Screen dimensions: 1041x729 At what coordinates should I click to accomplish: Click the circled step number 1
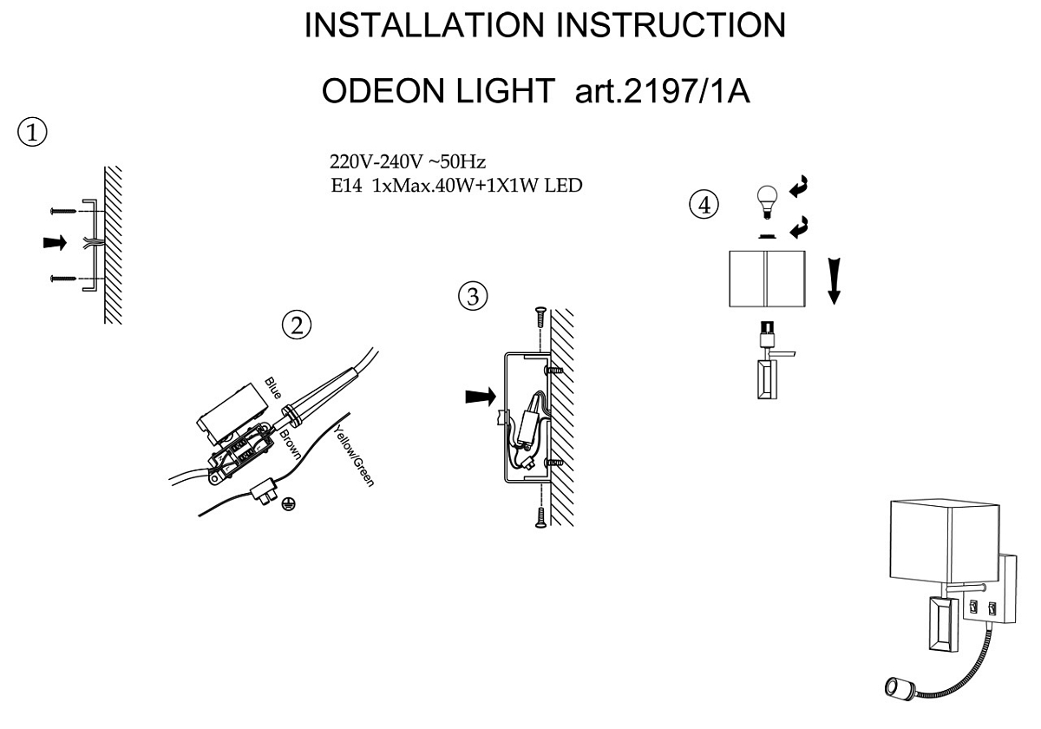coord(32,133)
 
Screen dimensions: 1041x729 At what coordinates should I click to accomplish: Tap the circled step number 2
coord(297,325)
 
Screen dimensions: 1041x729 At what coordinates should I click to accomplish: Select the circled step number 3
coord(473,296)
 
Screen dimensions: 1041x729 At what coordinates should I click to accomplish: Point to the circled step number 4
coord(704,205)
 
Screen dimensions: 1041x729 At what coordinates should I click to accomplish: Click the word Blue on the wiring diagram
coord(273,388)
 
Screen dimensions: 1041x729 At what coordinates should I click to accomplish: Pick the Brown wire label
coord(290,445)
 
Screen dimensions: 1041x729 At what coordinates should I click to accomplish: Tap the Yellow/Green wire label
coord(354,456)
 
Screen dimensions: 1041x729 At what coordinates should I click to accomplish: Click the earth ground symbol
coord(288,504)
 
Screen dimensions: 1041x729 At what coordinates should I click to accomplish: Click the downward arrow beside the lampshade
coord(835,281)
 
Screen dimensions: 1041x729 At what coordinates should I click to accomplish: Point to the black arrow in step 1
coord(55,243)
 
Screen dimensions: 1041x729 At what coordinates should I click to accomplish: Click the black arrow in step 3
coord(481,397)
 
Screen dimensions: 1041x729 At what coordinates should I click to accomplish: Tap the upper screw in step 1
coord(63,211)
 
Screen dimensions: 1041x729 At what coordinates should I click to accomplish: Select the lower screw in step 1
coord(63,279)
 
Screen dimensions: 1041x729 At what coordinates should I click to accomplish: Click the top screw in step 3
coord(540,317)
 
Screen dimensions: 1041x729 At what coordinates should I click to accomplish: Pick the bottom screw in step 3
coord(540,517)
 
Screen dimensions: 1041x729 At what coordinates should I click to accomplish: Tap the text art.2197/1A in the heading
coord(662,91)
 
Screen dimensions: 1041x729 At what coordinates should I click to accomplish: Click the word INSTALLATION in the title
coord(424,25)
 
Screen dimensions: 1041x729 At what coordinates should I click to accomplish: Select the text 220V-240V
coord(376,161)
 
